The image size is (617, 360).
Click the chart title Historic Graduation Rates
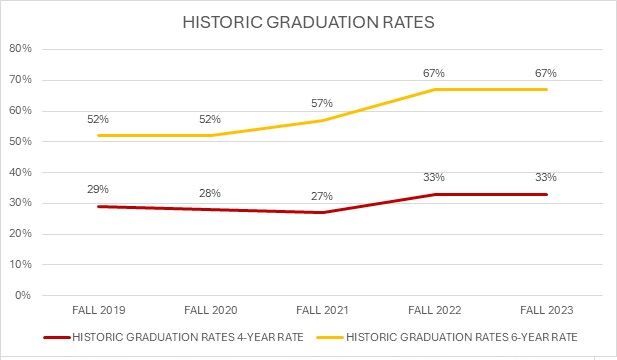(x=308, y=21)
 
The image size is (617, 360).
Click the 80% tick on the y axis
(x=20, y=49)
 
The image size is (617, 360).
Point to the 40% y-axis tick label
(x=20, y=172)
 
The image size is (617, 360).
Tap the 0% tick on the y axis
(x=23, y=295)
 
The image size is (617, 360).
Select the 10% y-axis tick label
(x=20, y=264)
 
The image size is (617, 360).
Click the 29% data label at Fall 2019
(x=98, y=189)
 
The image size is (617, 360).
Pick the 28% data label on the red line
(x=211, y=192)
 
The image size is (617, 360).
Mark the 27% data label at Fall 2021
(x=324, y=195)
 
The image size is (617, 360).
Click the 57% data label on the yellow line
(x=324, y=103)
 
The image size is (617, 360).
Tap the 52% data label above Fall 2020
(x=211, y=118)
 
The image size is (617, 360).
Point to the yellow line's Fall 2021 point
(x=324, y=120)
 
